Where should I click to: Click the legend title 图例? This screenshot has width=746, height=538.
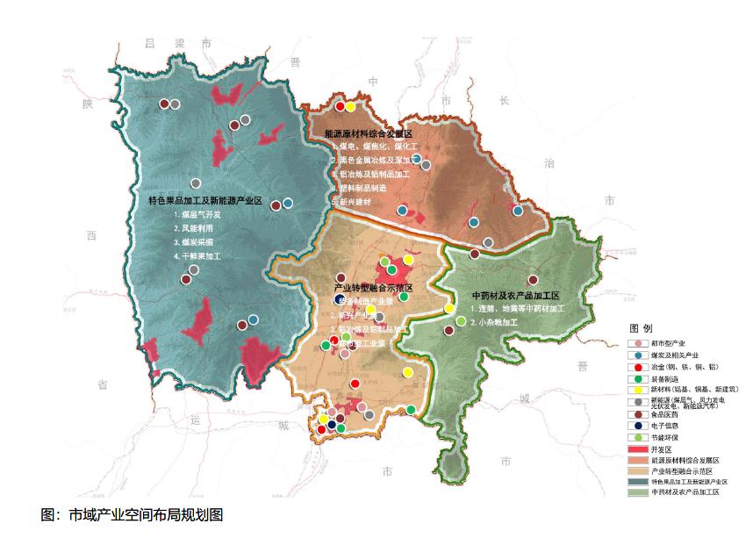642,326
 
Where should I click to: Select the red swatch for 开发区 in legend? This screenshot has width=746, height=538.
639,449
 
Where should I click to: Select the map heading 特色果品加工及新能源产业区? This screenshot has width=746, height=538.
205,201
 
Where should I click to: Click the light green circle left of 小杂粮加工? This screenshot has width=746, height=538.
461,321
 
